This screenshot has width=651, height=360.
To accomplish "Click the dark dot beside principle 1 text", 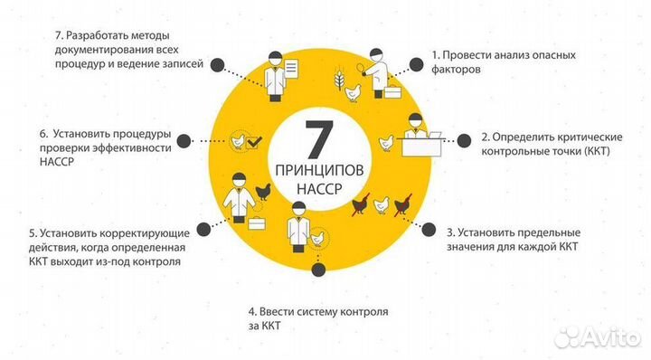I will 418,64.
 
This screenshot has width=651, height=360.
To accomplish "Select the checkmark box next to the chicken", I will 256,141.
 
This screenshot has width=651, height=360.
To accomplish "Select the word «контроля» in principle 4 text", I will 362,312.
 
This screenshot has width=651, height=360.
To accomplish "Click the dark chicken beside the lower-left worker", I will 264,190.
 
